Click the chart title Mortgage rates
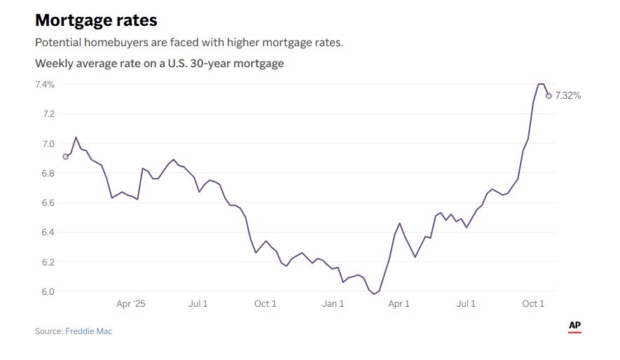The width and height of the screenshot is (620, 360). tap(96, 20)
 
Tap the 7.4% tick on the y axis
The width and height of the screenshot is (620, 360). tap(45, 85)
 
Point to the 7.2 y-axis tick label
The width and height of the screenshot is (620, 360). tap(48, 114)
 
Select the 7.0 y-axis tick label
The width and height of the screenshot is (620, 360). tap(48, 144)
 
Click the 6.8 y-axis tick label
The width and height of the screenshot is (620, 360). tap(48, 174)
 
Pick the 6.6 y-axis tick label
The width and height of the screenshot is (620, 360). tap(48, 203)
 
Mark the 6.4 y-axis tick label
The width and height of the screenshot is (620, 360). tap(48, 233)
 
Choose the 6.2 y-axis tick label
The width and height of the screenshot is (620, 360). tap(48, 262)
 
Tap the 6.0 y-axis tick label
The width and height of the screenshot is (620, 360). tap(48, 291)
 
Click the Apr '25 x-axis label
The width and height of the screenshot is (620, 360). tap(131, 304)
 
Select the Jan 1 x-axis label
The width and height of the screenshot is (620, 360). tap(333, 304)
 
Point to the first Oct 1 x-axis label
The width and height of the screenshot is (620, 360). tap(266, 304)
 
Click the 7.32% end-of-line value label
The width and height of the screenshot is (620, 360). tap(568, 96)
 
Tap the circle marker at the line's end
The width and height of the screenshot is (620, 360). tap(549, 96)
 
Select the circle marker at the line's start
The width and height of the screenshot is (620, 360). tap(66, 157)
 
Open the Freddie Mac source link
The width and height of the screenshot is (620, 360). tap(89, 331)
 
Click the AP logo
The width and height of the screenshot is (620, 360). tap(574, 326)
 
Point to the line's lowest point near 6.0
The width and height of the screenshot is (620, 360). tap(374, 294)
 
